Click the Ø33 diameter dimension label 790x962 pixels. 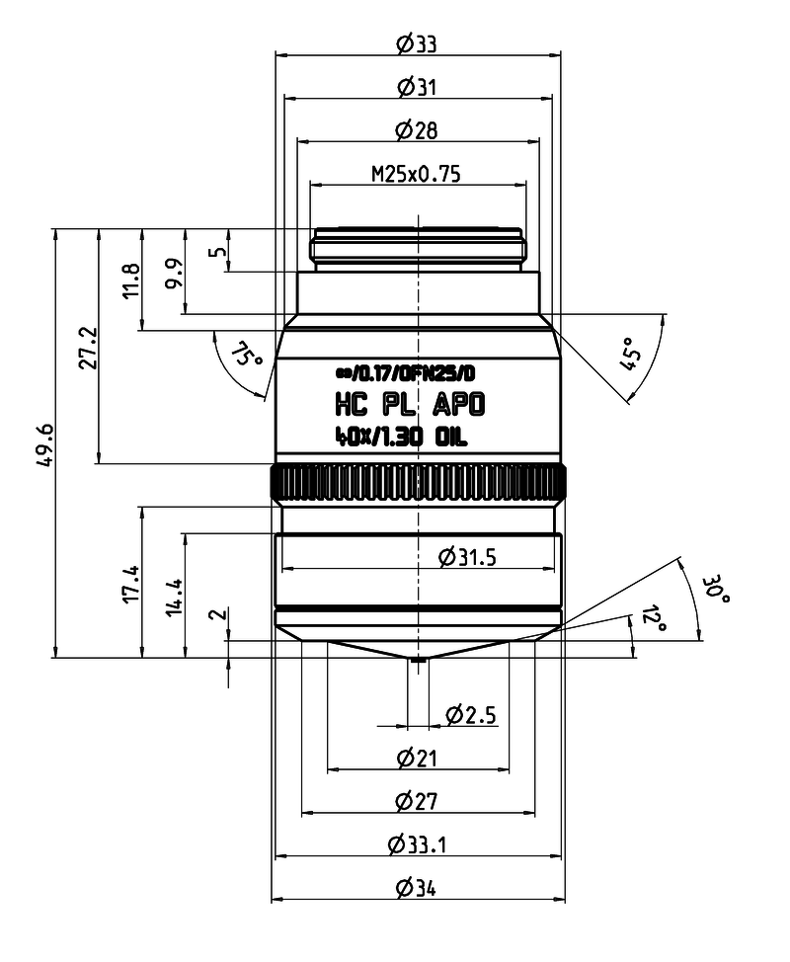tap(417, 44)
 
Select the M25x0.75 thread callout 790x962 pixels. tap(417, 174)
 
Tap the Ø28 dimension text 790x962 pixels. tap(417, 130)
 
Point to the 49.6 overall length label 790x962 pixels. tap(46, 446)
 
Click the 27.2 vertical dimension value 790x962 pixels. tap(89, 348)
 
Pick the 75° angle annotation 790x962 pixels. tap(247, 356)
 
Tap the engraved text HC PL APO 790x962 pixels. tap(411, 405)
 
